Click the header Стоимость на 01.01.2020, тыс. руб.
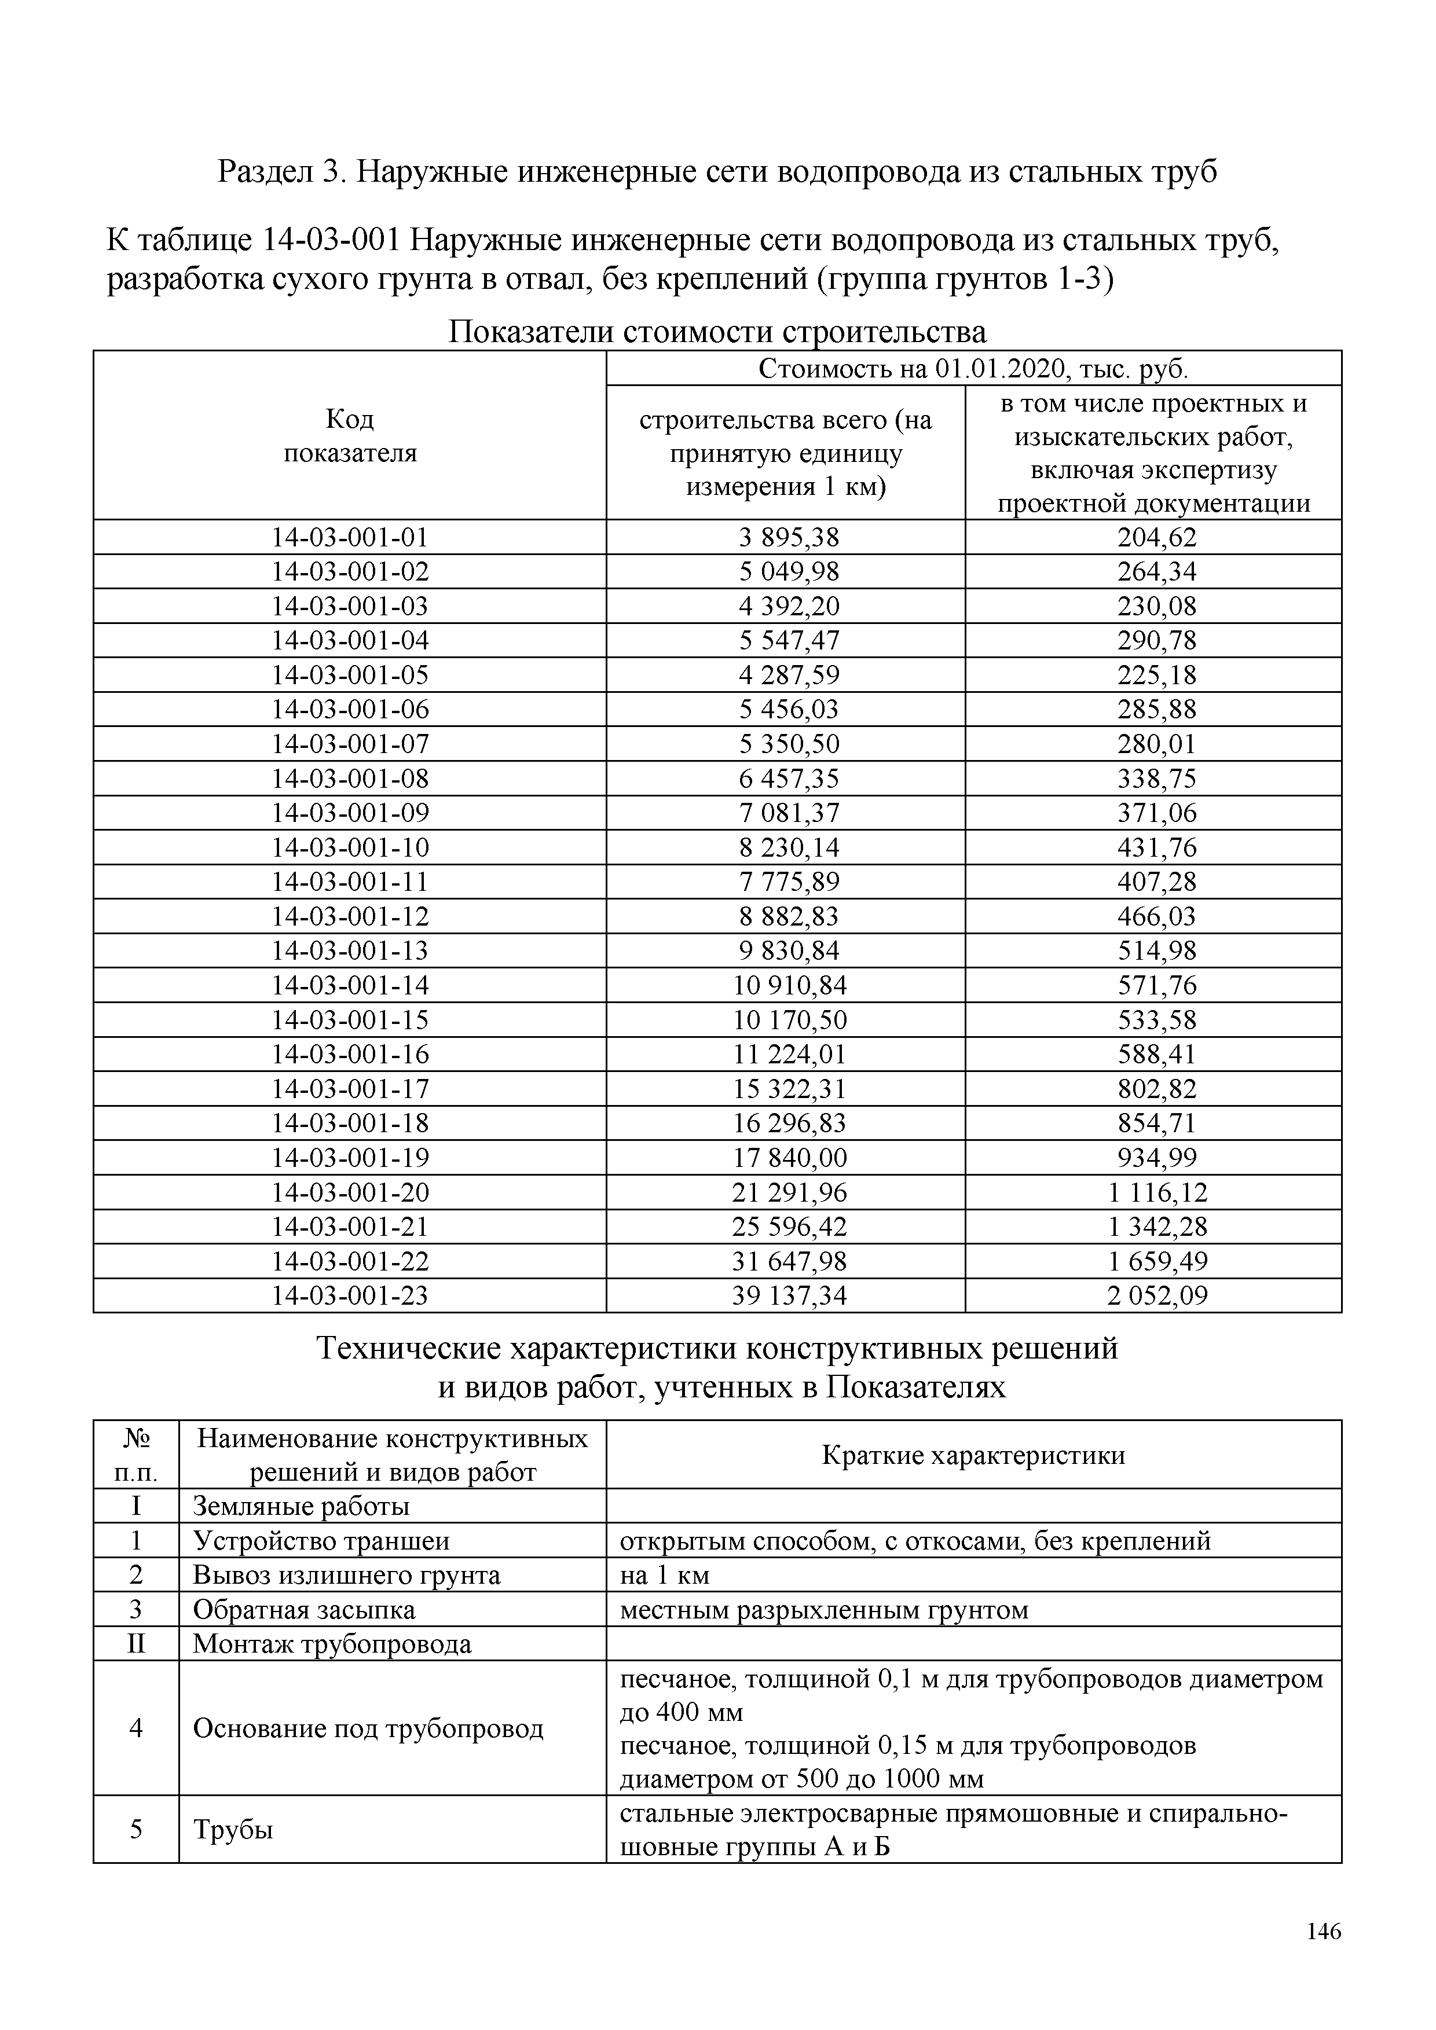pyautogui.click(x=973, y=369)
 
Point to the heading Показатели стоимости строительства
pyautogui.click(x=717, y=332)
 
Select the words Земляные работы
pyautogui.click(x=301, y=1506)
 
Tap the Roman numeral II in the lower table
pyautogui.click(x=135, y=1644)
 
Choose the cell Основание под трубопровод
pyautogui.click(x=368, y=1728)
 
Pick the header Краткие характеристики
pyautogui.click(x=973, y=1455)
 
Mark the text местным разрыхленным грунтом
pyautogui.click(x=824, y=1609)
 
